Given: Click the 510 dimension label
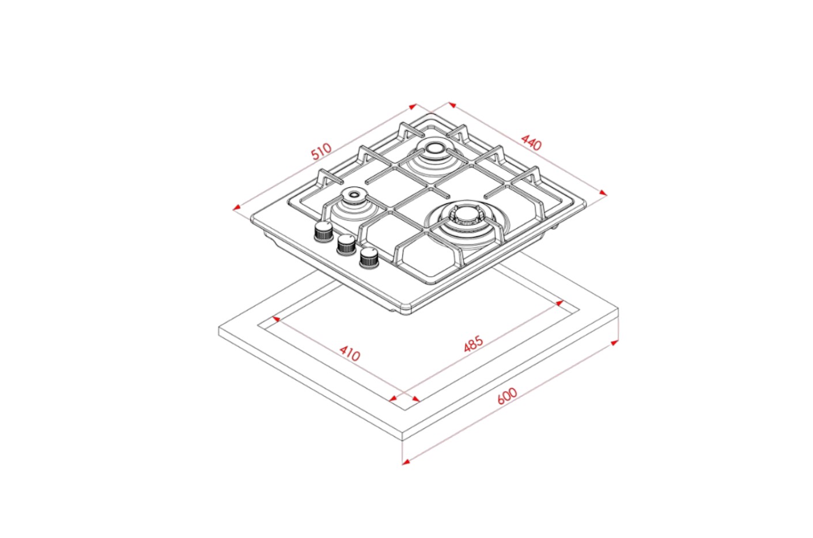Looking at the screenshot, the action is coord(322,151).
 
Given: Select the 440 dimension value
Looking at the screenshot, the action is coord(531,142).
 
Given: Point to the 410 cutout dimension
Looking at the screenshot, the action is coord(350,353).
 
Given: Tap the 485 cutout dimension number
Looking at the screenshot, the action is coord(474,344).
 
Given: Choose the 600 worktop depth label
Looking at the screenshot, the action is coord(507,396).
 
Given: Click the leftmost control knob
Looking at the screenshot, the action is coord(323,231).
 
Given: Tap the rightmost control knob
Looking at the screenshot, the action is coord(369,258).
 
